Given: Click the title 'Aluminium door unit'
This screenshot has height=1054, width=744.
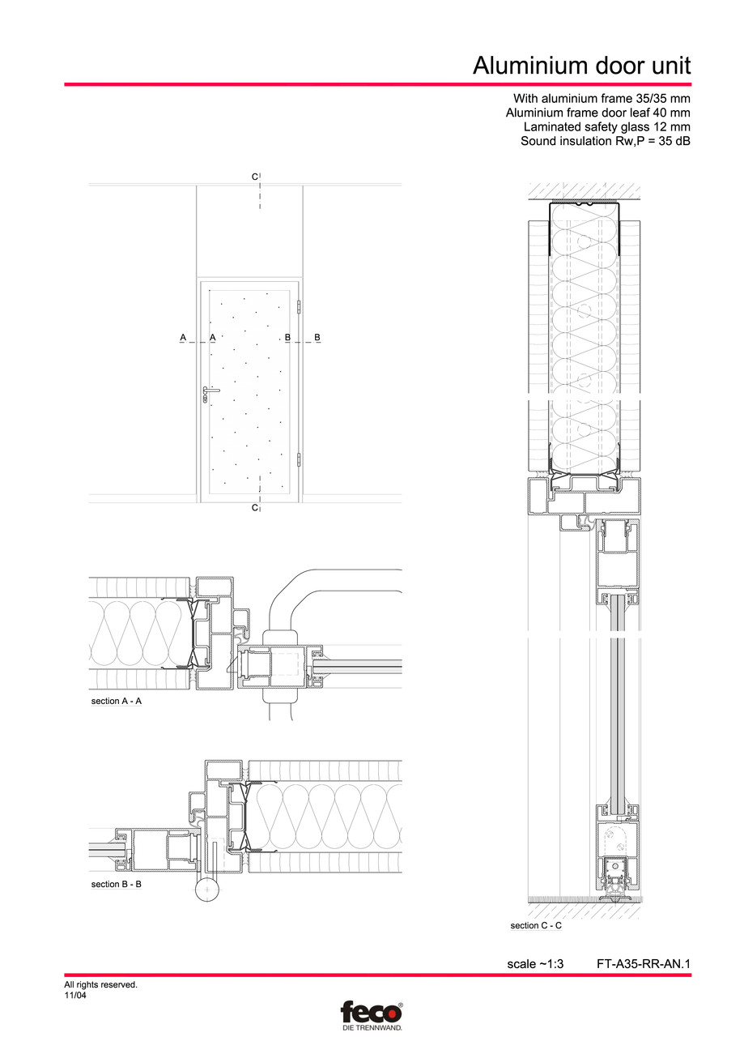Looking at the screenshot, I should pyautogui.click(x=581, y=65).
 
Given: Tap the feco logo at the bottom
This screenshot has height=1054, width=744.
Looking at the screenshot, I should pyautogui.click(x=371, y=1012).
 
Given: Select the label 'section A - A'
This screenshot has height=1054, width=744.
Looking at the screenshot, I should pyautogui.click(x=116, y=701).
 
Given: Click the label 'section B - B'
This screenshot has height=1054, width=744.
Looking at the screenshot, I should pyautogui.click(x=116, y=884).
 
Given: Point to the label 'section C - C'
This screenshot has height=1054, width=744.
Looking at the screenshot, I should pyautogui.click(x=535, y=925).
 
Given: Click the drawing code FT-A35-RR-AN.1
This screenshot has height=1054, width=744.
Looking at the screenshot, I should pyautogui.click(x=643, y=964).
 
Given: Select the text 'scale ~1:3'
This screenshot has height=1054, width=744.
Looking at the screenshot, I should pyautogui.click(x=534, y=964).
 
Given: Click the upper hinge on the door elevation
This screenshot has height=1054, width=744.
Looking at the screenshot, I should pyautogui.click(x=300, y=308).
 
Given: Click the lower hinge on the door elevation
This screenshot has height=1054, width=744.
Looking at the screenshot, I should pyautogui.click(x=300, y=459).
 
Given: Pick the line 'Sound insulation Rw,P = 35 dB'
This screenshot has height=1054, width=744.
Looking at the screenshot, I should pyautogui.click(x=606, y=142).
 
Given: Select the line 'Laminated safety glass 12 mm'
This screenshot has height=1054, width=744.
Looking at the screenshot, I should pyautogui.click(x=607, y=127).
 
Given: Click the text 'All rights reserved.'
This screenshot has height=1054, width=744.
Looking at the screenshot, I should pyautogui.click(x=100, y=985).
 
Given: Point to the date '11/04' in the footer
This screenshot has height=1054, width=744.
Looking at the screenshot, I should pyautogui.click(x=75, y=996).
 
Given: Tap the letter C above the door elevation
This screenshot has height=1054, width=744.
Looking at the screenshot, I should pyautogui.click(x=254, y=177).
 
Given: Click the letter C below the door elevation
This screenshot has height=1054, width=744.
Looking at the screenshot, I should pyautogui.click(x=254, y=507).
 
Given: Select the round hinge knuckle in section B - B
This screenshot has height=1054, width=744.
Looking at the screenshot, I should pyautogui.click(x=207, y=890).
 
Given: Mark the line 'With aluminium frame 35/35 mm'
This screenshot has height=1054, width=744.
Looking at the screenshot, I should pyautogui.click(x=602, y=99).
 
